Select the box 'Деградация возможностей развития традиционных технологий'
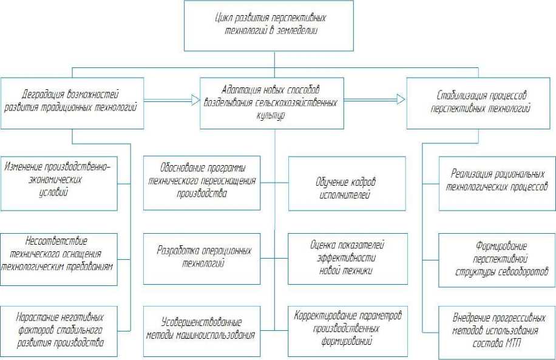(72, 103)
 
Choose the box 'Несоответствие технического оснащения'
(59, 258)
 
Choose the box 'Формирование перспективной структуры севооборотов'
(497, 258)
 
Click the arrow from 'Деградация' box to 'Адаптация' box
(172, 97)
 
